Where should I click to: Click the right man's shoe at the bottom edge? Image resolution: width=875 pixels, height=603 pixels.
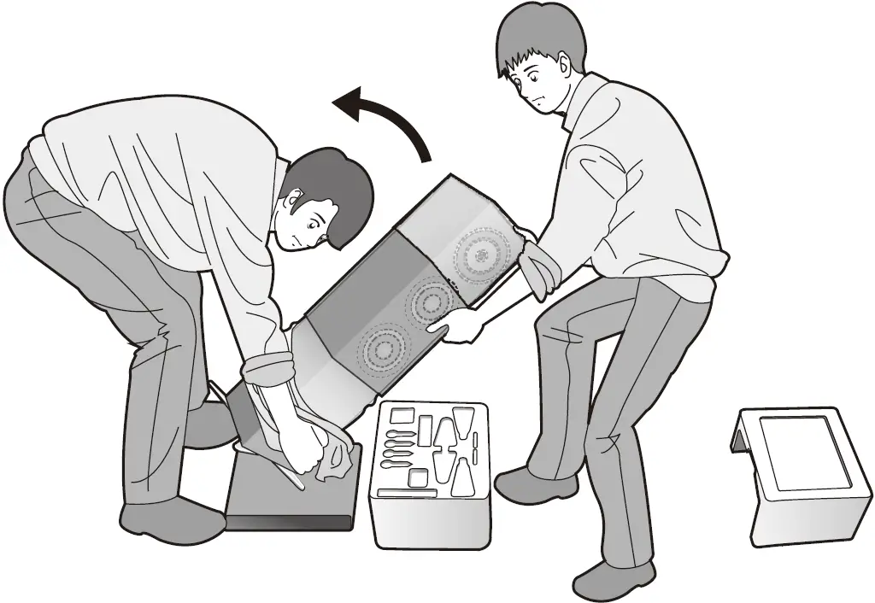coord(612,580)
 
